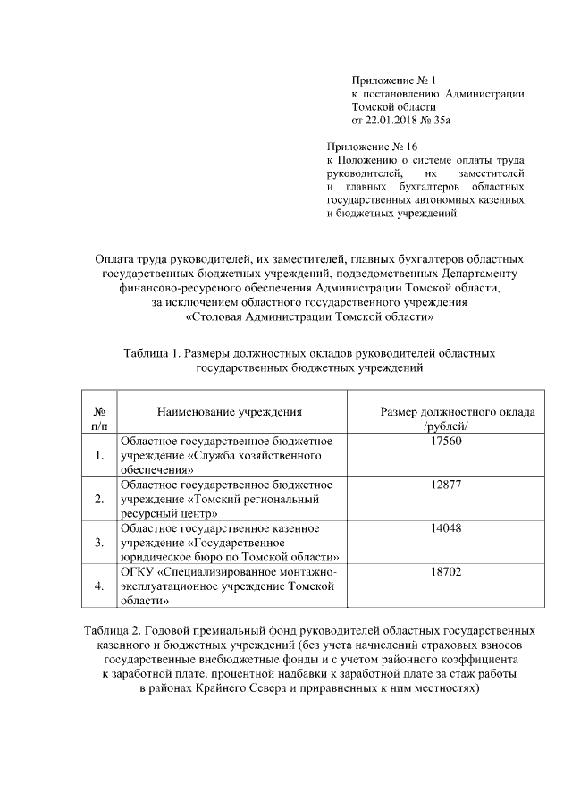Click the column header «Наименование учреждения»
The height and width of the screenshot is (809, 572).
[230, 412]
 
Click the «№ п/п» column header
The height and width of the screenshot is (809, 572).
[98, 419]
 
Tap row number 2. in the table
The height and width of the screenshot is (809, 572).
[98, 499]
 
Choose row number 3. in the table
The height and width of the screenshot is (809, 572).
[98, 543]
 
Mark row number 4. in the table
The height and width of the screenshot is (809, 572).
[98, 586]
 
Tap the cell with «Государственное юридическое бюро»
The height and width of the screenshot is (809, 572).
[229, 542]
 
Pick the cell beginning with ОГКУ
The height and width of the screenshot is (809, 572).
[229, 586]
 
